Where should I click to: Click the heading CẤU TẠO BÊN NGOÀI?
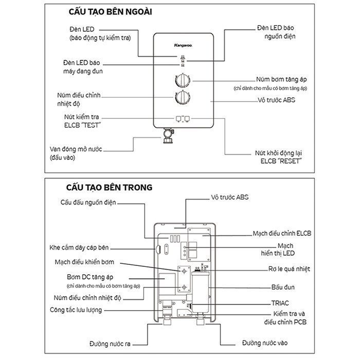coord(107,11)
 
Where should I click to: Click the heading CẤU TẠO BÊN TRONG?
coord(109,187)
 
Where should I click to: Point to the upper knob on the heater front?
coord(183,81)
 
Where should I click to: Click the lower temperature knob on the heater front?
coord(183,98)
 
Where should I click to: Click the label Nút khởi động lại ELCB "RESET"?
coord(278,157)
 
